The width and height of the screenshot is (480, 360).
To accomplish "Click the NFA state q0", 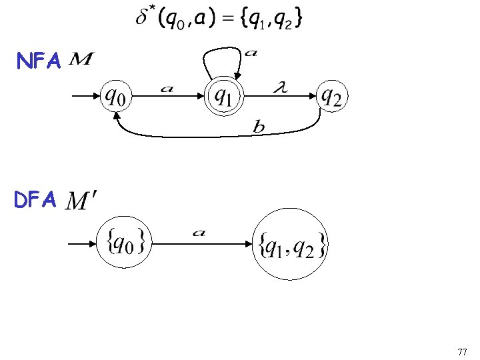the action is [117, 97].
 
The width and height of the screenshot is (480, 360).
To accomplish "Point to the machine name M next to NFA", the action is [81, 61].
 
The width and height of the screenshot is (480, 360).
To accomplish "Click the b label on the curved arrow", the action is [259, 127].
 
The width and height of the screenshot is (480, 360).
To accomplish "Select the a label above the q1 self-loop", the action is [251, 52].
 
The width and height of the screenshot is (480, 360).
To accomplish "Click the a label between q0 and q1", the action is [167, 88].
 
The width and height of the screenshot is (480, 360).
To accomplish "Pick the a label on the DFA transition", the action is [199, 233].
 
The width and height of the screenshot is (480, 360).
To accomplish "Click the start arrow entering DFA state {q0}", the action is [83, 244].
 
